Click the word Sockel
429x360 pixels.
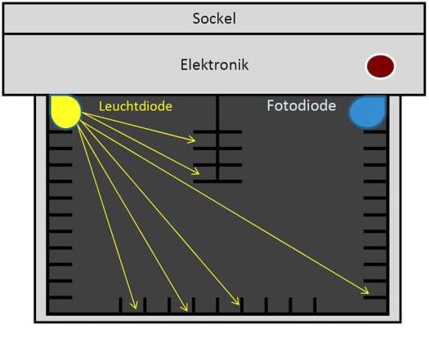click(x=214, y=19)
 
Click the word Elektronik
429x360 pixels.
click(x=214, y=64)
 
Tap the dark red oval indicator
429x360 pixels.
click(x=380, y=66)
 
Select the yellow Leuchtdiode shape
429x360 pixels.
click(x=65, y=111)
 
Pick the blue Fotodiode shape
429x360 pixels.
click(x=368, y=112)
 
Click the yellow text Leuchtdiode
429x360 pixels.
click(x=136, y=106)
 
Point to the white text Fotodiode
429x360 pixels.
click(x=302, y=105)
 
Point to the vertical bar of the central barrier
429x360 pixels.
click(x=217, y=138)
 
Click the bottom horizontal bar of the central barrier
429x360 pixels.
click(x=218, y=181)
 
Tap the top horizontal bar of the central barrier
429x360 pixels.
click(x=218, y=131)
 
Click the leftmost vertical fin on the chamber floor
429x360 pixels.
click(x=120, y=305)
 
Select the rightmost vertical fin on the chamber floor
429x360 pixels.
click(x=315, y=305)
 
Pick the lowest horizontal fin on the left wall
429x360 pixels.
click(x=60, y=297)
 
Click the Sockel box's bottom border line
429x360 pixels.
click(x=214, y=33)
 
